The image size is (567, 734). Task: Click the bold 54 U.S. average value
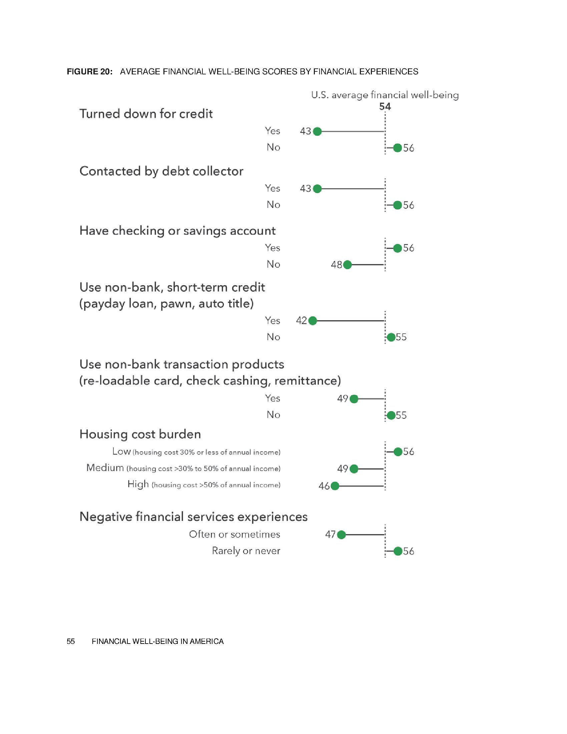pyautogui.click(x=385, y=106)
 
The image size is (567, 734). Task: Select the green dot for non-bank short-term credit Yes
pyautogui.click(x=313, y=321)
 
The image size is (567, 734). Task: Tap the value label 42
pyautogui.click(x=301, y=321)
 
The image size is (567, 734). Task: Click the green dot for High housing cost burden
pyautogui.click(x=335, y=486)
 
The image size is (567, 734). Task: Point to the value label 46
pyautogui.click(x=324, y=486)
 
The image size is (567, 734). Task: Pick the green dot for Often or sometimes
pyautogui.click(x=341, y=535)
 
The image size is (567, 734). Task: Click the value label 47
pyautogui.click(x=331, y=534)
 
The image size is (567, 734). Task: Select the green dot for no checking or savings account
pyautogui.click(x=348, y=265)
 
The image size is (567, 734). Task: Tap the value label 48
pyautogui.click(x=336, y=265)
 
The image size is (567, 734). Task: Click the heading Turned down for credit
pyautogui.click(x=146, y=113)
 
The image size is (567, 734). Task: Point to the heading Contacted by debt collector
pyautogui.click(x=161, y=171)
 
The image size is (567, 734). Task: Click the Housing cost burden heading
pyautogui.click(x=140, y=434)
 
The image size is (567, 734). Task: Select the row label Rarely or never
pyautogui.click(x=246, y=551)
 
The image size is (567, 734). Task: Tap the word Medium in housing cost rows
pyautogui.click(x=105, y=467)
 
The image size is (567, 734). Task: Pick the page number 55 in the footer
pyautogui.click(x=70, y=641)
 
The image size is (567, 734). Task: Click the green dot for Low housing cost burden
pyautogui.click(x=398, y=452)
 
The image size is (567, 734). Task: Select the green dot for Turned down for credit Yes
pyautogui.click(x=317, y=131)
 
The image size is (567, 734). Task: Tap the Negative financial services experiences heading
pyautogui.click(x=193, y=516)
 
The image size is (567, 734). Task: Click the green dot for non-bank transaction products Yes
pyautogui.click(x=354, y=399)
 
